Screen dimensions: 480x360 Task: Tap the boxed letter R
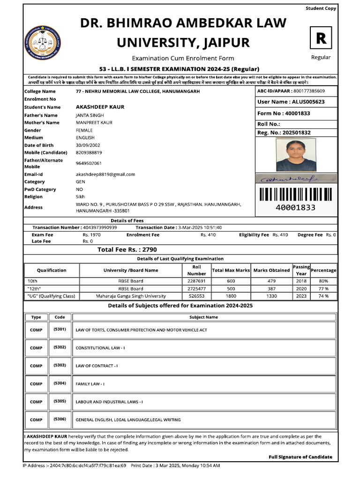click(x=321, y=38)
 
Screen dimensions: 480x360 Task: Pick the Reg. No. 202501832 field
click(x=284, y=133)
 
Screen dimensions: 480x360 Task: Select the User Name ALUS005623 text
click(x=291, y=102)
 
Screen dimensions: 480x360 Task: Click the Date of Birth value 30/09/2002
click(x=89, y=145)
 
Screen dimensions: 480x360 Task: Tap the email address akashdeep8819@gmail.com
click(x=105, y=174)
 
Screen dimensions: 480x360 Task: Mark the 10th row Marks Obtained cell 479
click(x=272, y=281)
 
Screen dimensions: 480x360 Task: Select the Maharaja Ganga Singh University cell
click(x=131, y=296)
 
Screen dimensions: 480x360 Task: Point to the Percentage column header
click(x=323, y=270)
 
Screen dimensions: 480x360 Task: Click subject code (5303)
click(x=60, y=365)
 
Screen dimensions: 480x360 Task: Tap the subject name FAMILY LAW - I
click(x=90, y=384)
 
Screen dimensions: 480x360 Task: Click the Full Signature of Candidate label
click(x=300, y=457)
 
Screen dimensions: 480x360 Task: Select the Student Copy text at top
click(x=321, y=8)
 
